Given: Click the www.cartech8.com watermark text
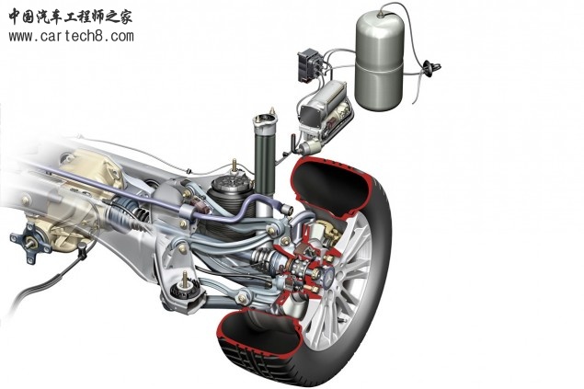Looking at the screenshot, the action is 71,36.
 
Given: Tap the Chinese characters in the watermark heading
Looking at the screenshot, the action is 71,17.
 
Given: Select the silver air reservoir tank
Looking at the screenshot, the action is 379,62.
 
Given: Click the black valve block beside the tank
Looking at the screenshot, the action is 309,65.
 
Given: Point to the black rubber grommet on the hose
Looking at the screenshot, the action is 430,68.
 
